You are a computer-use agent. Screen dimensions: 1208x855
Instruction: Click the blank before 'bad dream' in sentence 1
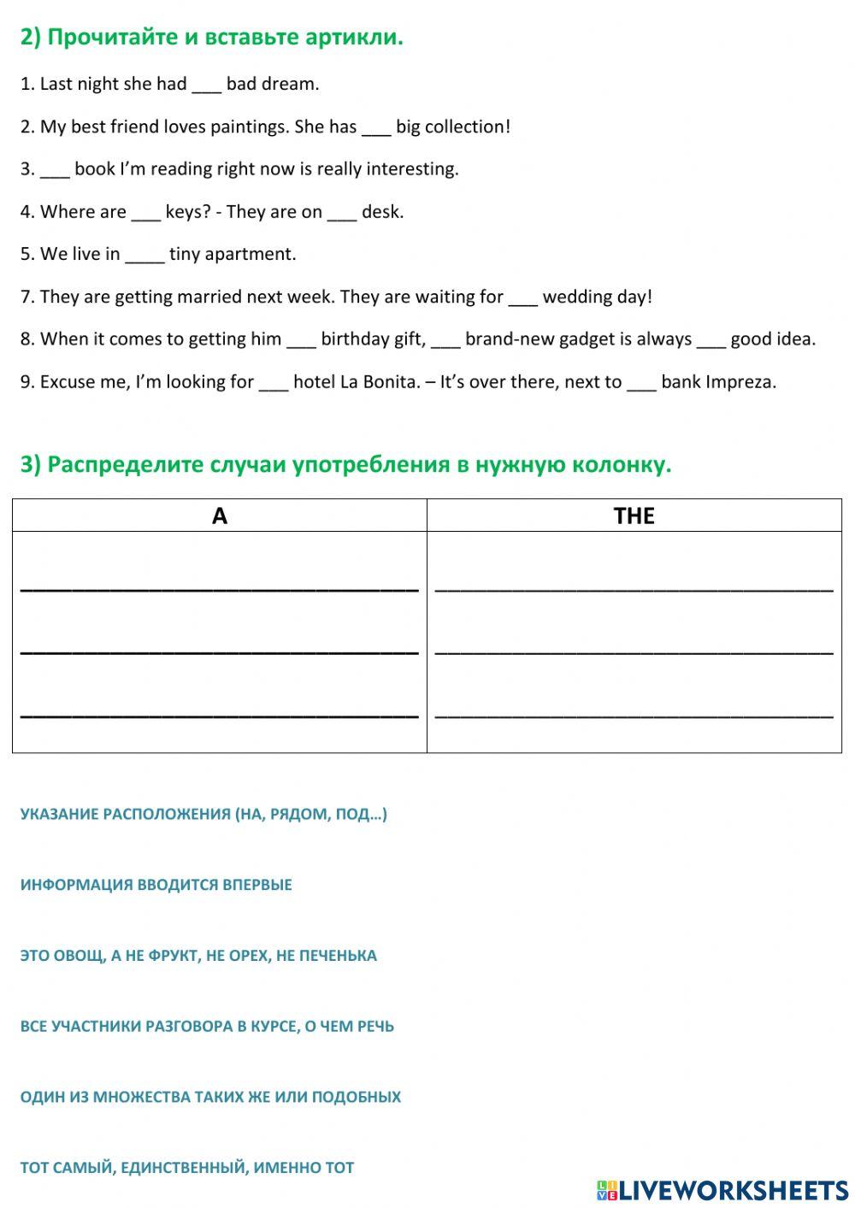pyautogui.click(x=206, y=85)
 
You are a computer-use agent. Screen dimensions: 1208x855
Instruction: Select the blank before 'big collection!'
pyautogui.click(x=376, y=127)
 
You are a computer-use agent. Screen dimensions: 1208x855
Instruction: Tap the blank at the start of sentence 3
pyautogui.click(x=55, y=169)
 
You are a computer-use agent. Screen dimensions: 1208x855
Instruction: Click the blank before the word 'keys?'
pyautogui.click(x=145, y=212)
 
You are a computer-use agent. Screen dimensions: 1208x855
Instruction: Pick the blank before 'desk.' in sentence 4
pyautogui.click(x=342, y=212)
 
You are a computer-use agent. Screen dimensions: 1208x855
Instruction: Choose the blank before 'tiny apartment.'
pyautogui.click(x=144, y=255)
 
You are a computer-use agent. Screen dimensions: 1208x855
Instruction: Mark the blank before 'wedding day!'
pyautogui.click(x=523, y=298)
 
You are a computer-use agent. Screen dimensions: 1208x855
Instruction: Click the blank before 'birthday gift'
pyautogui.click(x=301, y=339)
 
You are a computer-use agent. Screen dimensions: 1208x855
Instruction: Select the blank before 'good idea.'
pyautogui.click(x=711, y=339)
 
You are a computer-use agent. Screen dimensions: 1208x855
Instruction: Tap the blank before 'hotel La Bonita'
pyautogui.click(x=274, y=382)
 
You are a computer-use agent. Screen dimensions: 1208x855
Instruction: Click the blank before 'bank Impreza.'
pyautogui.click(x=641, y=382)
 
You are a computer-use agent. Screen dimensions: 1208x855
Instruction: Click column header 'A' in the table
pyautogui.click(x=220, y=516)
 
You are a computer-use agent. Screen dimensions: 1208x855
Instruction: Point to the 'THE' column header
pyautogui.click(x=634, y=516)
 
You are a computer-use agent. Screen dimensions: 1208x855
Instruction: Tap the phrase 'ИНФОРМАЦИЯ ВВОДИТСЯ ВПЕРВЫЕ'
pyautogui.click(x=156, y=885)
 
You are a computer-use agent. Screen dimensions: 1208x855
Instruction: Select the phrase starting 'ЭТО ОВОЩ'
pyautogui.click(x=198, y=956)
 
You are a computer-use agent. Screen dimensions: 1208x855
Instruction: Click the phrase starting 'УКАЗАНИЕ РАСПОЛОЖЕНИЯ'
pyautogui.click(x=203, y=814)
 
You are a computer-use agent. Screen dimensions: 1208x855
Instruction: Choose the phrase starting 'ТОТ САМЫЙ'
pyautogui.click(x=187, y=1168)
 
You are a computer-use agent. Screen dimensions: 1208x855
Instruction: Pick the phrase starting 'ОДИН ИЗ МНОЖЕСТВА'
pyautogui.click(x=210, y=1097)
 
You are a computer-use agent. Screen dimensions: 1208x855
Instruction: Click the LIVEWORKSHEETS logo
pyautogui.click(x=722, y=1190)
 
